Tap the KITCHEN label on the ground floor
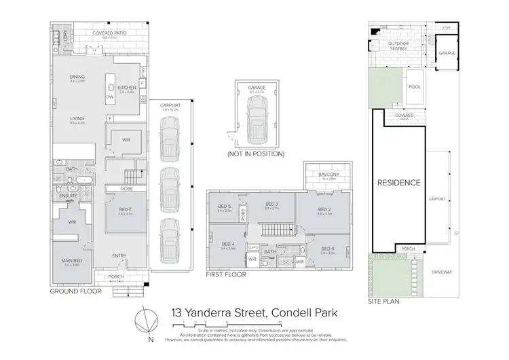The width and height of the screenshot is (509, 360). pos(128,88)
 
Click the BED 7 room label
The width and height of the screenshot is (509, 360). pos(124,209)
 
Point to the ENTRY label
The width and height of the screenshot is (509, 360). pos(119,255)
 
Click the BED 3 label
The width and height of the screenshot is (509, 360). pos(271,204)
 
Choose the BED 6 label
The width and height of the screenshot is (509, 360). pos(328,249)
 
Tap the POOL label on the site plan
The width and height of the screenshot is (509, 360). pos(413,87)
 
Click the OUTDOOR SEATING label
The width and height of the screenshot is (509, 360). pos(398,46)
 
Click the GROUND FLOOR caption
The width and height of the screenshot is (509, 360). pos(75,291)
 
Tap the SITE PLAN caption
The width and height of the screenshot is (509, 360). pos(383,300)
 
